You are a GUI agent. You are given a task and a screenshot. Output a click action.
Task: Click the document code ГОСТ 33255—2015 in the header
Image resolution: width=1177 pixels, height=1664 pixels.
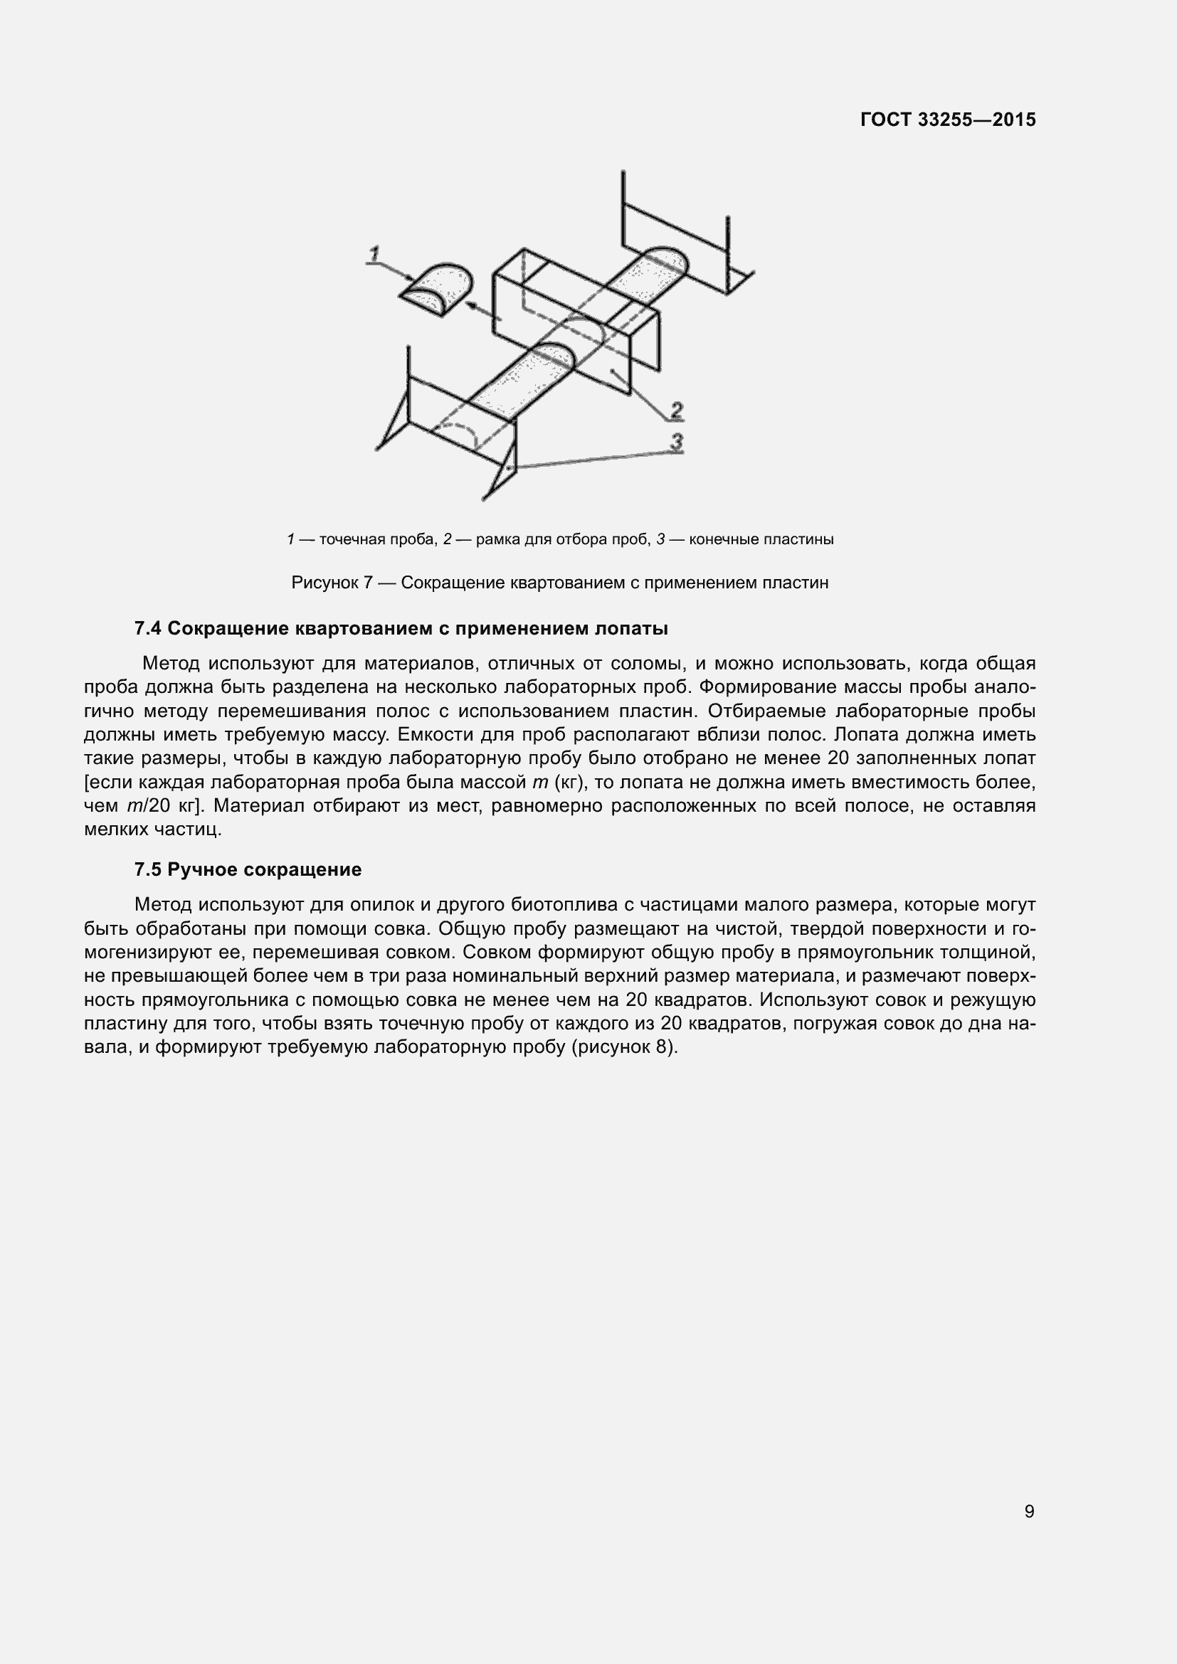click(947, 120)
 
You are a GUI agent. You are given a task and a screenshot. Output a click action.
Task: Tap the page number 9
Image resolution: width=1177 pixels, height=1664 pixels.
click(1029, 1512)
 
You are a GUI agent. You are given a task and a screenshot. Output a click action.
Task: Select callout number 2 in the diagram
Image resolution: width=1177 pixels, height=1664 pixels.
click(676, 411)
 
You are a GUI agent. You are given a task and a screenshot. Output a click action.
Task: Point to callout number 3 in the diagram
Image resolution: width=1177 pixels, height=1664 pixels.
click(676, 441)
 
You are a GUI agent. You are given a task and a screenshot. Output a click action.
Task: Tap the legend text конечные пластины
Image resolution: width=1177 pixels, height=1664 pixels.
click(761, 539)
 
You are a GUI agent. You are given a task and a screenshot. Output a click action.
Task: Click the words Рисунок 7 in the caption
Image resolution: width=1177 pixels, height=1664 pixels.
click(332, 583)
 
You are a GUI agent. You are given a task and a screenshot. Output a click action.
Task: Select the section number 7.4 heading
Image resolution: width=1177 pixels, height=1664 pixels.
click(148, 628)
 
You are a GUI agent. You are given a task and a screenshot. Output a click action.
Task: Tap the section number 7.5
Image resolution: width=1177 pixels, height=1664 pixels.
click(148, 869)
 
